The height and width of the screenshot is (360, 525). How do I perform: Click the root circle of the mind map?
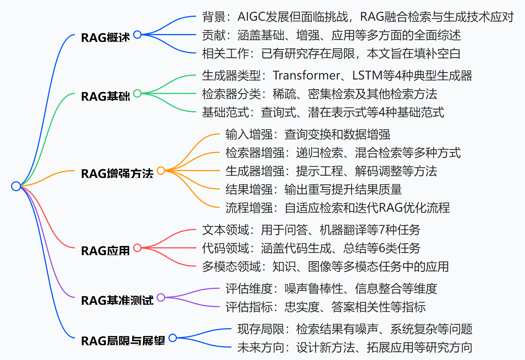tap(16, 186)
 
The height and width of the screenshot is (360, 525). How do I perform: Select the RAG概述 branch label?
tap(105, 37)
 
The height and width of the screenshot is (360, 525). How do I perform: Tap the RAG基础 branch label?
tap(105, 96)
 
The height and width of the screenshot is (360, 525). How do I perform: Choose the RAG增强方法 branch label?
tap(117, 173)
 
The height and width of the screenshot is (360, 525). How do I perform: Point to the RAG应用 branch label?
tap(105, 250)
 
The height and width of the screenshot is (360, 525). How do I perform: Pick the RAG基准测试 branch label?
tap(117, 300)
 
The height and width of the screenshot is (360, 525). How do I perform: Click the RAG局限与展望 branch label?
tap(123, 341)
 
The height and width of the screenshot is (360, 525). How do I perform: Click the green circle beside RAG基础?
tap(137, 93)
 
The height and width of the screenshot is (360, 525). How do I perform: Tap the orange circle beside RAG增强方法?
tap(161, 170)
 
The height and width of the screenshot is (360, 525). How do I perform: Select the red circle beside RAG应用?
tap(137, 247)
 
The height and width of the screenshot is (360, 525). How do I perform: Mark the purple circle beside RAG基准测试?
tap(161, 297)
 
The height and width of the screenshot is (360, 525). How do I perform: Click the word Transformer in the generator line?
tap(306, 75)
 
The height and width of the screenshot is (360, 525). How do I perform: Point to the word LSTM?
tap(367, 75)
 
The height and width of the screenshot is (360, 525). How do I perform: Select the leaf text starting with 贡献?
tap(331, 35)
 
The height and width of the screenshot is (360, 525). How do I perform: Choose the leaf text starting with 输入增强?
tap(308, 134)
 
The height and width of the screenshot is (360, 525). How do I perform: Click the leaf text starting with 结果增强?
tap(313, 189)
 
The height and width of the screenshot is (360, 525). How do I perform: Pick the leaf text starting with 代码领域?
tap(311, 248)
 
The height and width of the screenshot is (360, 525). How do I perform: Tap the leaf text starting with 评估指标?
tap(325, 307)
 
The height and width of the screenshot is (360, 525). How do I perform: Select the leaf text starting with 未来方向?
tap(355, 347)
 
